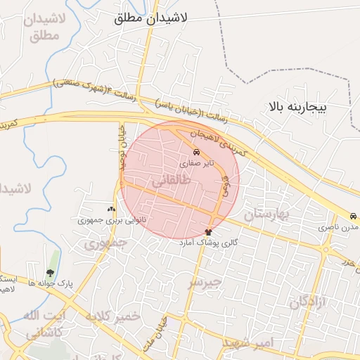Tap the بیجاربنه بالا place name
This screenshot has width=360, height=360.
(x=298, y=108)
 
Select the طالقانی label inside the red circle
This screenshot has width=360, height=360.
(x=171, y=181)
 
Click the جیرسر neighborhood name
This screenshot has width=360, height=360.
(x=204, y=282)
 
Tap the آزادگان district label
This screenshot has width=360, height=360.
(x=307, y=302)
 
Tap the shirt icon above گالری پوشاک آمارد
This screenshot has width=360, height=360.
(x=209, y=231)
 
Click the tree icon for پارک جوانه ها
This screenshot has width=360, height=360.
(x=50, y=273)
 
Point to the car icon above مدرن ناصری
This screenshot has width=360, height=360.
(x=352, y=217)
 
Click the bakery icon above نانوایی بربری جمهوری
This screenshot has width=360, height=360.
(x=110, y=209)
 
